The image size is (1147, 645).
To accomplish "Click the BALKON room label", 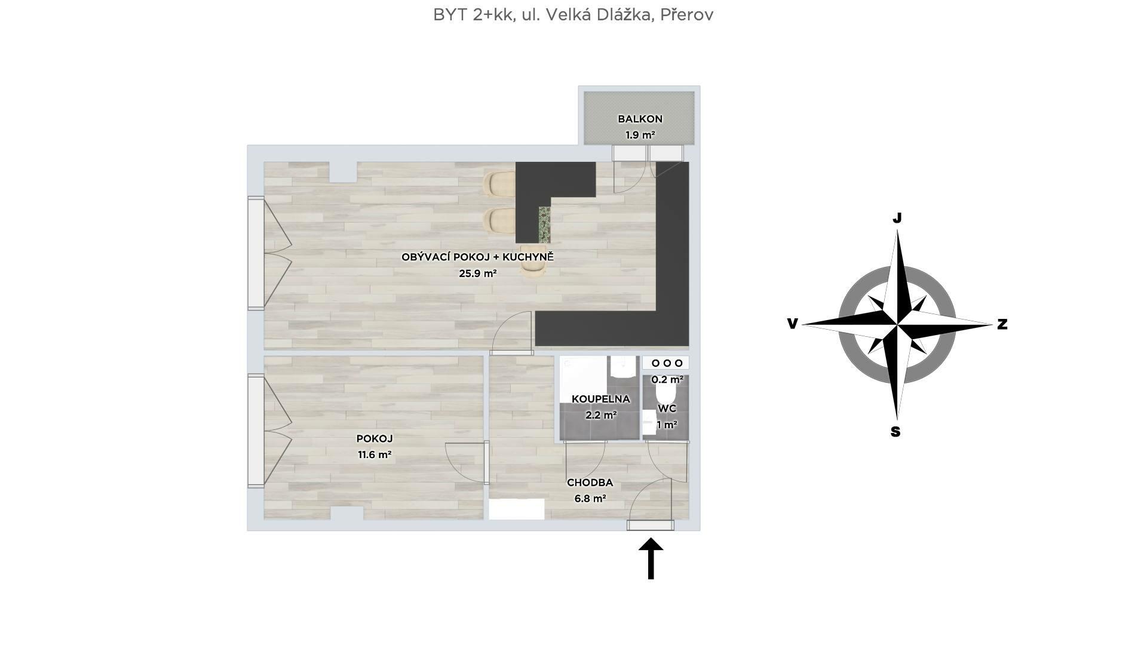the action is pos(640,119).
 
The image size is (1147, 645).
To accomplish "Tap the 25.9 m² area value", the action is pos(478,274).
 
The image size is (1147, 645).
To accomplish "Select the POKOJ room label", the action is pos(375,438).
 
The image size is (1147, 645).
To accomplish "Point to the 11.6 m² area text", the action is pos(375,454).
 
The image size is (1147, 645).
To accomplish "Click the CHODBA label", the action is pos(590,483).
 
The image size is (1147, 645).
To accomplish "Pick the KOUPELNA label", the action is pos(600,398).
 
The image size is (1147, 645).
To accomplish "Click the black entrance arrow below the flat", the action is pos(651,558).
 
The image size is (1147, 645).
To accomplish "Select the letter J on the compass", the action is pos(897,218).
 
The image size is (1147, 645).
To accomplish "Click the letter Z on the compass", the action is pos(1002,324).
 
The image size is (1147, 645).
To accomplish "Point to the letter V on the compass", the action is pos(792,324).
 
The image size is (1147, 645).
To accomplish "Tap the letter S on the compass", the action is pos(895,431).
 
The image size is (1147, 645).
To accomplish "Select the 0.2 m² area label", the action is pos(667,379).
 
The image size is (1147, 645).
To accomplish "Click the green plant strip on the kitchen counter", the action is pos(544,225).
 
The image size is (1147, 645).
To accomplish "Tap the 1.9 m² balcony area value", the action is pos(640,135).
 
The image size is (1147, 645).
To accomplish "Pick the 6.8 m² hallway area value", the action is pos(590,498).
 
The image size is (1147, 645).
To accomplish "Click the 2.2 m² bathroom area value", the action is pos(600,414).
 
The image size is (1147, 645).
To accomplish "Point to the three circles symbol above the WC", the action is pos(666,363).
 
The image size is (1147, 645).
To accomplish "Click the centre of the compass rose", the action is pos(897,324).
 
